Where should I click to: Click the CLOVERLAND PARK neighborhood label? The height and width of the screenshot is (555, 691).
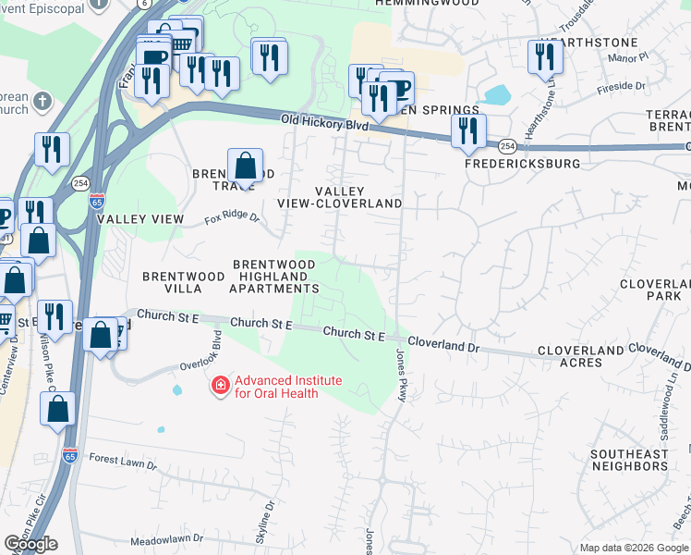click(x=650, y=290)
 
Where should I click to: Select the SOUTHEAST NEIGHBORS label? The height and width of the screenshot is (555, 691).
click(x=629, y=460)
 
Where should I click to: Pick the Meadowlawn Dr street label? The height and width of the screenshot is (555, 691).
click(x=166, y=538)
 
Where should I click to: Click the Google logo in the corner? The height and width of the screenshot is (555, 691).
click(x=30, y=544)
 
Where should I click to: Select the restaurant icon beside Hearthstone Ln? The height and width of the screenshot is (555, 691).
click(x=544, y=57)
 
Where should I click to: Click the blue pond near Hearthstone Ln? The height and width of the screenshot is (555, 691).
click(x=497, y=94)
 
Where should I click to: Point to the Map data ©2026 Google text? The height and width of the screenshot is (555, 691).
click(x=634, y=548)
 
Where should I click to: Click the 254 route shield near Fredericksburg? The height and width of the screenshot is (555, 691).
click(x=506, y=146)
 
